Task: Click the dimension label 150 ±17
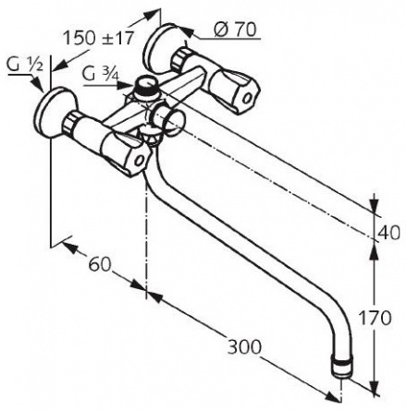pyautogui.click(x=99, y=38)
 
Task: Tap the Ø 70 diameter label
pyautogui.click(x=235, y=30)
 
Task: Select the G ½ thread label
pyautogui.click(x=25, y=66)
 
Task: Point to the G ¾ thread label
pyautogui.click(x=101, y=75)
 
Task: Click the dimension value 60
pyautogui.click(x=99, y=264)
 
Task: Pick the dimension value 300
pyautogui.click(x=244, y=347)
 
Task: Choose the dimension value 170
pyautogui.click(x=375, y=318)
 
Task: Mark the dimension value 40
pyautogui.click(x=388, y=233)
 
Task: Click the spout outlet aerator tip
pyautogui.click(x=342, y=367)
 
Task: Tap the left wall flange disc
pyautogui.click(x=53, y=113)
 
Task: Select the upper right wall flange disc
pyautogui.click(x=160, y=49)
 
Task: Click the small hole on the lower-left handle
pyautogui.click(x=140, y=161)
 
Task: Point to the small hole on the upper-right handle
pyautogui.click(x=247, y=98)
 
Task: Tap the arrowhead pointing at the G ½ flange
pyautogui.click(x=38, y=84)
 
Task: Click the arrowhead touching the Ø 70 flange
pyautogui.click(x=186, y=30)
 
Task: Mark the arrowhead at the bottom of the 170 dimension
pyautogui.click(x=375, y=388)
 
